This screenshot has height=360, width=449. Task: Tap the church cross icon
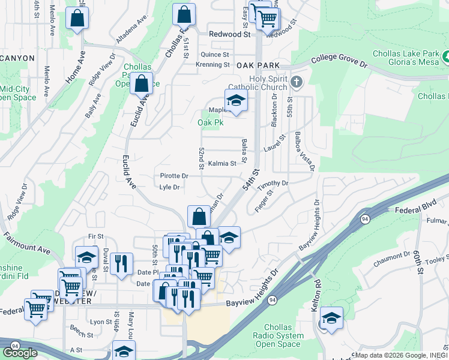click(x=296, y=82)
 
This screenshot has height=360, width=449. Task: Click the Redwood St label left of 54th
click(x=229, y=35)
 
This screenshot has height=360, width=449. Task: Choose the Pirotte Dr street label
click(x=174, y=176)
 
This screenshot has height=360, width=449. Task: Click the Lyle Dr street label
click(x=170, y=187)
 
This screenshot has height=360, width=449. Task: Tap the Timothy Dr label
click(x=273, y=185)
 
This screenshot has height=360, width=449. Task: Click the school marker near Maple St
click(x=236, y=100)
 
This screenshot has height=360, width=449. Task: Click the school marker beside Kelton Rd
click(x=331, y=318)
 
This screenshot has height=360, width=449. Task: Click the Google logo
click(x=20, y=352)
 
